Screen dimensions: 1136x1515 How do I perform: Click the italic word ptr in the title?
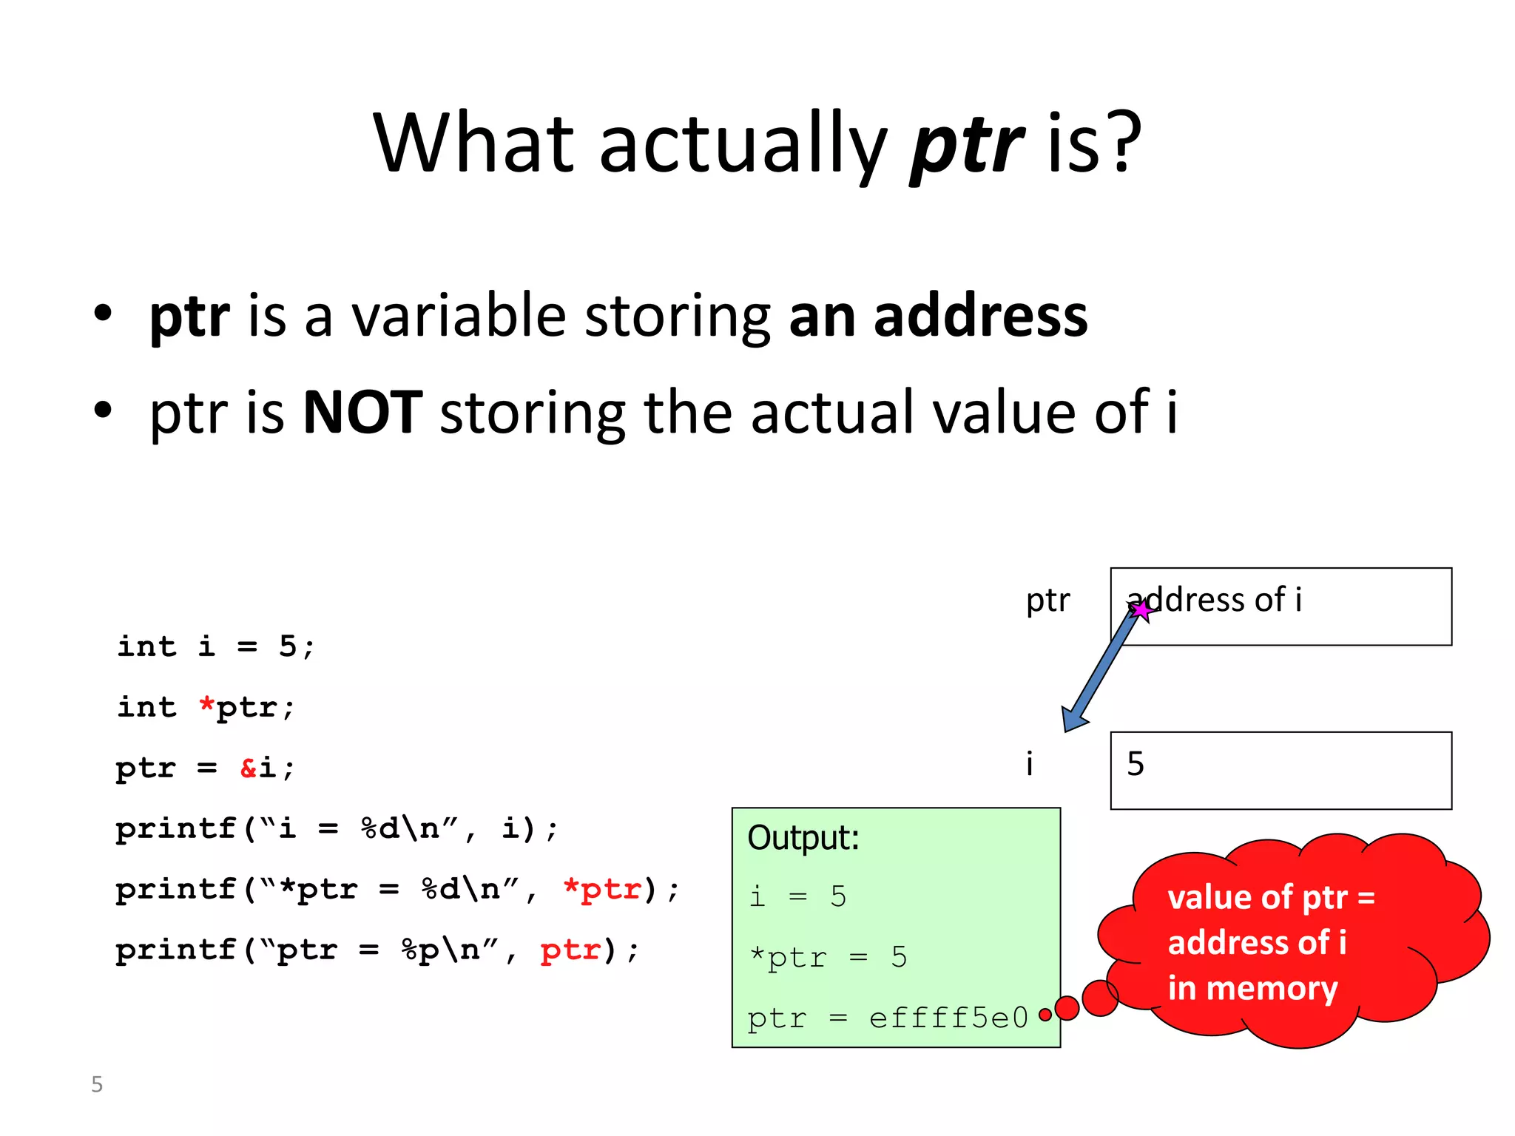click(967, 144)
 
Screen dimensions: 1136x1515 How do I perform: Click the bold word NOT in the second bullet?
click(362, 413)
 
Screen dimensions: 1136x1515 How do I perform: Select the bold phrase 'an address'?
click(938, 316)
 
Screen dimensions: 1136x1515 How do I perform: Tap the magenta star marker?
click(1142, 610)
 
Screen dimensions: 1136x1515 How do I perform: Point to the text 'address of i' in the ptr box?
click(1214, 600)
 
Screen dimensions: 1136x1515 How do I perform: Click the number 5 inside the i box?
click(1136, 764)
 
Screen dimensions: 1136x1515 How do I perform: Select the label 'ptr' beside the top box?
click(1047, 601)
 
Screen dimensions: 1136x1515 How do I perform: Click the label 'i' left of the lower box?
click(1029, 764)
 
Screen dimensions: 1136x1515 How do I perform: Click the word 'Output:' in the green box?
click(803, 838)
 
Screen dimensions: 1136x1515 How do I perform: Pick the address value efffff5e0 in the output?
click(948, 1018)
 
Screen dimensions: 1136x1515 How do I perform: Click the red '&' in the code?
click(249, 768)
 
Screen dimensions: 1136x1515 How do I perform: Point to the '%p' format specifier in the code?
click(420, 950)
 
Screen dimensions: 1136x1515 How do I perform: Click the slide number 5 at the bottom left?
click(97, 1084)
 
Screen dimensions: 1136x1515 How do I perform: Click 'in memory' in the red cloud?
click(1252, 988)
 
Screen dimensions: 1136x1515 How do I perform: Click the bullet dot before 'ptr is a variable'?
click(103, 313)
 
